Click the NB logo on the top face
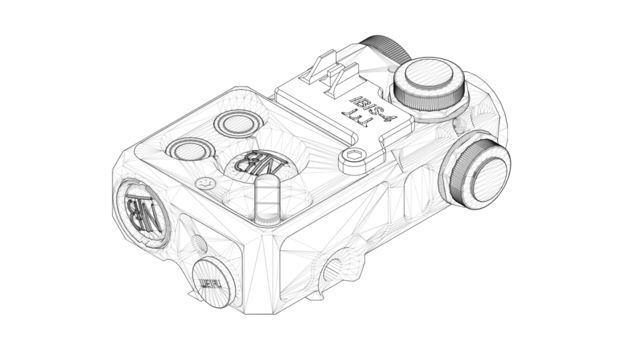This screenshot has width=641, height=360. (x=259, y=163)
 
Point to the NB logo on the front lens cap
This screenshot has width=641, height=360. (x=142, y=210)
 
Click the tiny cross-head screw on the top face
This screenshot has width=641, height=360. (x=204, y=183)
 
